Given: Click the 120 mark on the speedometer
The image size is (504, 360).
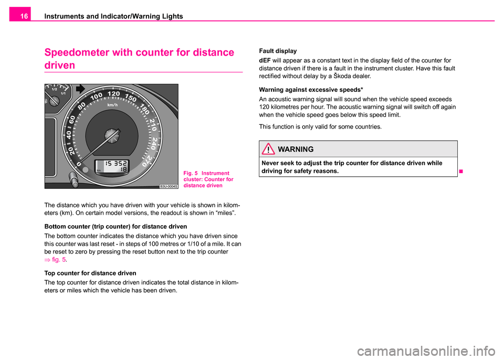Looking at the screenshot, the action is (113, 93).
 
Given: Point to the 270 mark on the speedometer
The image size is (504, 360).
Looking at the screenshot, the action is (146, 161).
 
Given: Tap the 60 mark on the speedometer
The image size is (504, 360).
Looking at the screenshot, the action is (72, 119).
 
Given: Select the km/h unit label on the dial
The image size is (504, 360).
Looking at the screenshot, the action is (112, 105).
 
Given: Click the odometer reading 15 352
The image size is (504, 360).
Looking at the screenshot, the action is (116, 164).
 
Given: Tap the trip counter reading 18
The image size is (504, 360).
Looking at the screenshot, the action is (123, 170).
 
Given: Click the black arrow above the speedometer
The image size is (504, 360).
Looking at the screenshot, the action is (80, 89).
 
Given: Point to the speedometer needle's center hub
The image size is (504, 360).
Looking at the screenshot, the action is (111, 135).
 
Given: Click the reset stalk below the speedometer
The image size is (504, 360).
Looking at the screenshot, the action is (73, 179).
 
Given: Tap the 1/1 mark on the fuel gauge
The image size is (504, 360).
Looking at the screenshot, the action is (63, 93).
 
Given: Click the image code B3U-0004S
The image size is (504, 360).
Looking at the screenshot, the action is (169, 186).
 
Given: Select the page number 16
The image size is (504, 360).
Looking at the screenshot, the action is (24, 16).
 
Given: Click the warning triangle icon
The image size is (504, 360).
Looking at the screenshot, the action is (268, 149).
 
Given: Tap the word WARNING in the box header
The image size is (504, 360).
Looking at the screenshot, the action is (296, 149).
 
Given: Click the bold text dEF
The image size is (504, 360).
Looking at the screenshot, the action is (265, 60).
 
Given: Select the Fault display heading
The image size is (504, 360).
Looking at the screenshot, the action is (278, 51).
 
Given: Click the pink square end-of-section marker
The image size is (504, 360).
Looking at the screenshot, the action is (461, 171).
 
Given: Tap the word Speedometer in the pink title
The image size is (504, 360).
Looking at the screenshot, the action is (77, 52).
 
